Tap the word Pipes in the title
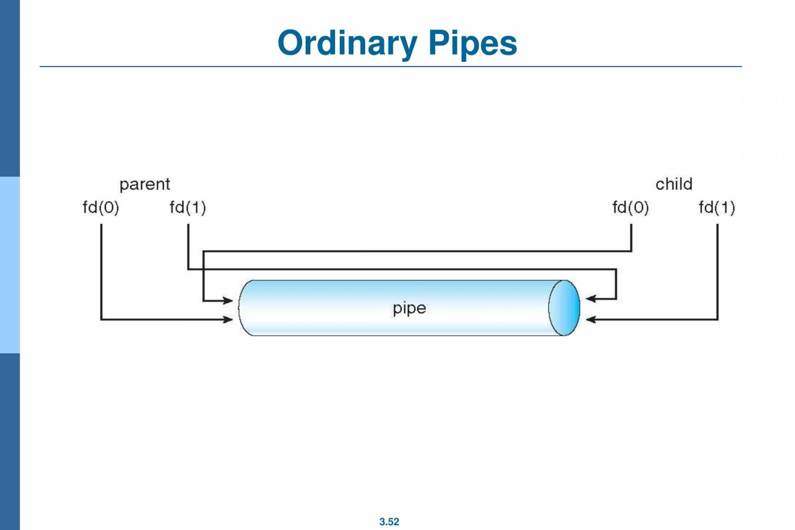point(472,44)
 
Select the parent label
point(144,185)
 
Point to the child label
point(674,184)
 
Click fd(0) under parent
point(101,207)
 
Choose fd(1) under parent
point(187,207)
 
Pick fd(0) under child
point(630,207)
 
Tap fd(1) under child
point(717,207)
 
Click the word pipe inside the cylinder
point(409,308)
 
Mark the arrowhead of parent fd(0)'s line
point(228,319)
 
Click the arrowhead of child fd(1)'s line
point(591,319)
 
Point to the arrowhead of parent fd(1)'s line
point(591,299)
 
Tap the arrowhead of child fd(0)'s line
point(228,301)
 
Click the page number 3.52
point(389,522)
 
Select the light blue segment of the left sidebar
point(9,265)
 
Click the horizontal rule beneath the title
point(390,67)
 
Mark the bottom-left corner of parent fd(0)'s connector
point(101,319)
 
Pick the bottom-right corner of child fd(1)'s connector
point(717,319)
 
